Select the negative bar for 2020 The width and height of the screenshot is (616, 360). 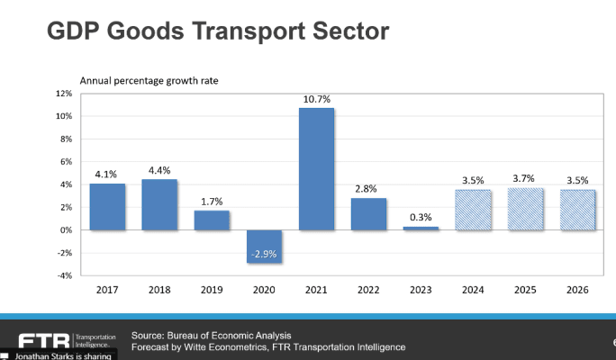pyautogui.click(x=264, y=245)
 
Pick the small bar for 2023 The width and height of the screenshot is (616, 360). pyautogui.click(x=421, y=228)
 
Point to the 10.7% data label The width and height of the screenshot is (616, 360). pyautogui.click(x=316, y=97)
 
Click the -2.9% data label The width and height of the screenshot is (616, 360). pyautogui.click(x=264, y=255)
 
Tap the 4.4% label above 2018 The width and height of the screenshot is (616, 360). pyautogui.click(x=159, y=169)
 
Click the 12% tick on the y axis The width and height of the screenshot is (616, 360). pyautogui.click(x=63, y=94)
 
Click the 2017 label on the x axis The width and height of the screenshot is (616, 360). pyautogui.click(x=107, y=291)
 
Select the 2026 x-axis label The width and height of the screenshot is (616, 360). pyautogui.click(x=576, y=291)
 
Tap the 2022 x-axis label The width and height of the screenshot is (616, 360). pyautogui.click(x=368, y=291)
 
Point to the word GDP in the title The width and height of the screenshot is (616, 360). pyautogui.click(x=74, y=31)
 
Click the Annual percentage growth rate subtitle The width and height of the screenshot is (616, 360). pyautogui.click(x=149, y=81)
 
